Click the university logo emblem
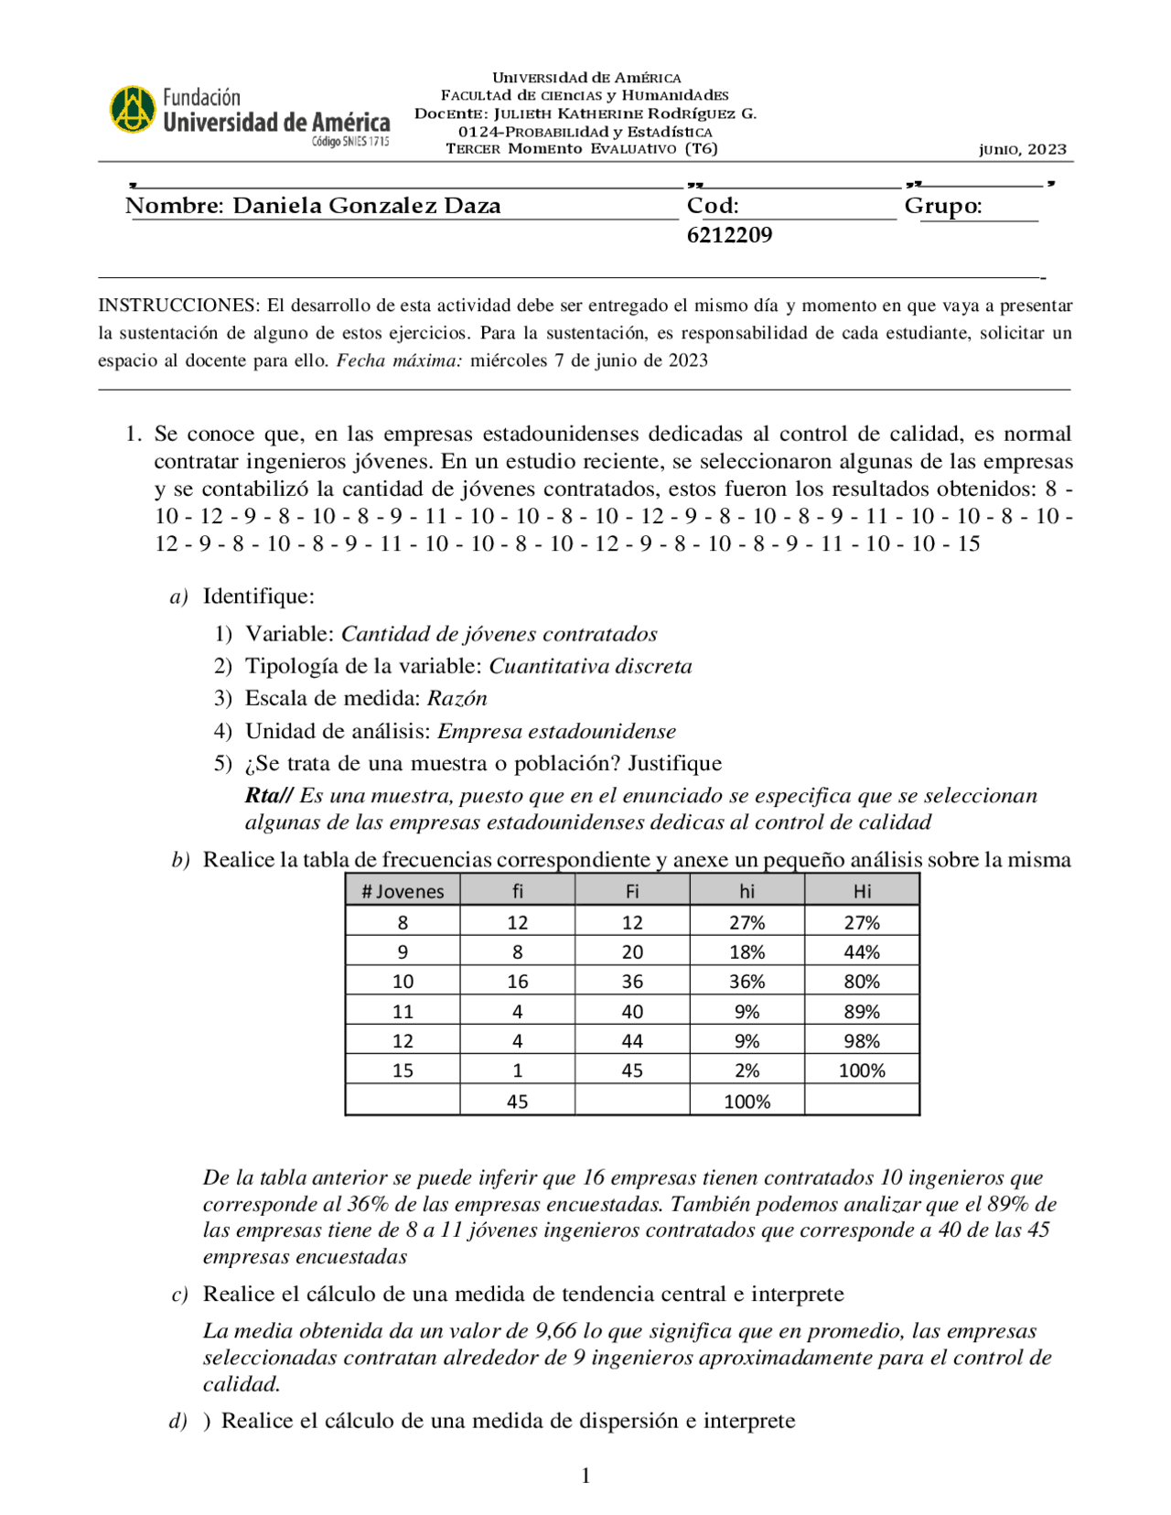(134, 110)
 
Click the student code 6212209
(729, 235)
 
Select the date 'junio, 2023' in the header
(1022, 149)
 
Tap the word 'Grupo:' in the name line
(942, 206)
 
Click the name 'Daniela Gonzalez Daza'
(367, 206)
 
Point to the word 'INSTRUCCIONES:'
(179, 306)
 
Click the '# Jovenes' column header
(403, 891)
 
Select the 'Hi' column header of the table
(862, 891)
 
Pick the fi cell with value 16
(518, 982)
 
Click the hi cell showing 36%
(747, 982)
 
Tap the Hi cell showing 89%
(862, 1012)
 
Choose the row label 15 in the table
(403, 1070)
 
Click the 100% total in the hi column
(747, 1101)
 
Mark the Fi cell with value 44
(632, 1041)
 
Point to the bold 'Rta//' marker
(269, 796)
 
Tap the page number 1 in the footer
(585, 1475)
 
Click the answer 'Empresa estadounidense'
(556, 731)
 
